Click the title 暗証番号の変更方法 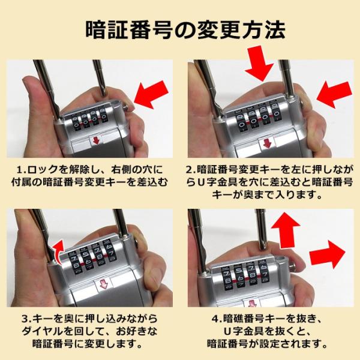(x=185, y=30)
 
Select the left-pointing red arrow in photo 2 (x=334, y=95)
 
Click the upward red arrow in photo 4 (x=286, y=230)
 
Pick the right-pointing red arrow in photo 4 (x=327, y=254)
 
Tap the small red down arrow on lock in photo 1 (x=96, y=140)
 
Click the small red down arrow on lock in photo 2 (x=267, y=143)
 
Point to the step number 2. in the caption (x=191, y=170)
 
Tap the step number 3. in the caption (x=28, y=319)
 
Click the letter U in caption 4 (x=227, y=332)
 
